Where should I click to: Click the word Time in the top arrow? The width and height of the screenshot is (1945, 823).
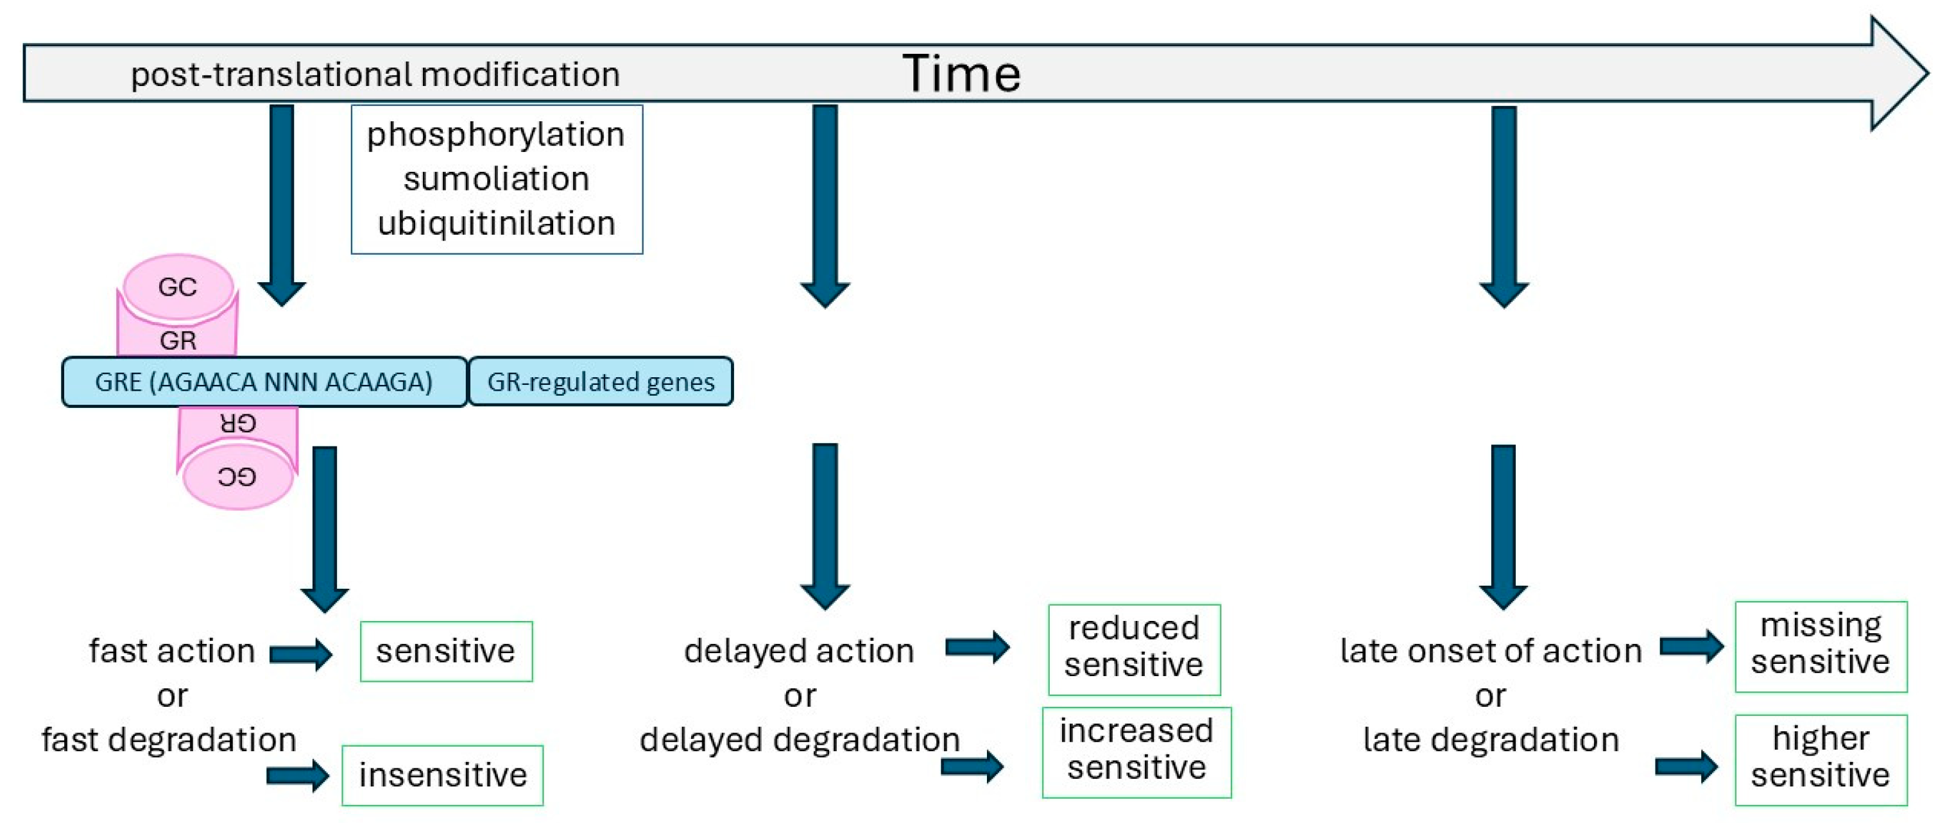pos(961,74)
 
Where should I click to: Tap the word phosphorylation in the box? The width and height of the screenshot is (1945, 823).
pos(495,135)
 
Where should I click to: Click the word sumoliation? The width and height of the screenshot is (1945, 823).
pos(495,179)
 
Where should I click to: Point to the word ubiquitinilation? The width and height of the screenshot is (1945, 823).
pos(496,223)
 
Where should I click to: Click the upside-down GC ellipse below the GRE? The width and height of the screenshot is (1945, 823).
pos(237,477)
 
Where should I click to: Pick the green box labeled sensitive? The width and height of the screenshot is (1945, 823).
pos(445,651)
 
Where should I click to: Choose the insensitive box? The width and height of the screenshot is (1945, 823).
pos(443,776)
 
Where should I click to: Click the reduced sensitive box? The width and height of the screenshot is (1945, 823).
pos(1133,649)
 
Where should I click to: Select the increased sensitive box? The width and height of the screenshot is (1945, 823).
pos(1136,751)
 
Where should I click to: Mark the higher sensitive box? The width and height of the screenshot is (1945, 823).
pos(1821,759)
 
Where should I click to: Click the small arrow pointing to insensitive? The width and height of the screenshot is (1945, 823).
pos(298,776)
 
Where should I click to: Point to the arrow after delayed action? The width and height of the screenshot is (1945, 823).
pos(977,647)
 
